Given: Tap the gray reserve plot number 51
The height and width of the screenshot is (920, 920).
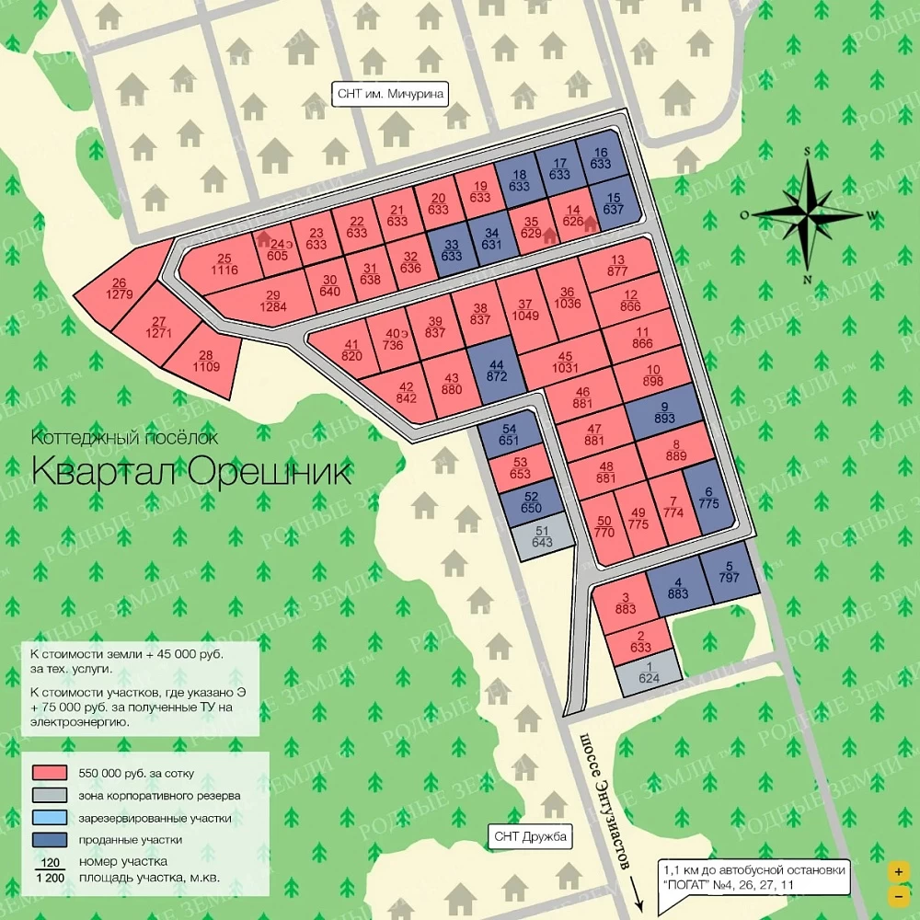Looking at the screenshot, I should point(541,537).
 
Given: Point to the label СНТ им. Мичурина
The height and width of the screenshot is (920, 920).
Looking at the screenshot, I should point(389,94).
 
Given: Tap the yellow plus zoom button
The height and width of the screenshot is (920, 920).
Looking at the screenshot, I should point(897,870).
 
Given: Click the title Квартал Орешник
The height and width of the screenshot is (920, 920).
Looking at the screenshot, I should point(191,471).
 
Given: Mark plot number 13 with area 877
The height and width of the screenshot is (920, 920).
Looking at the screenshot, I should point(617,266).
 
